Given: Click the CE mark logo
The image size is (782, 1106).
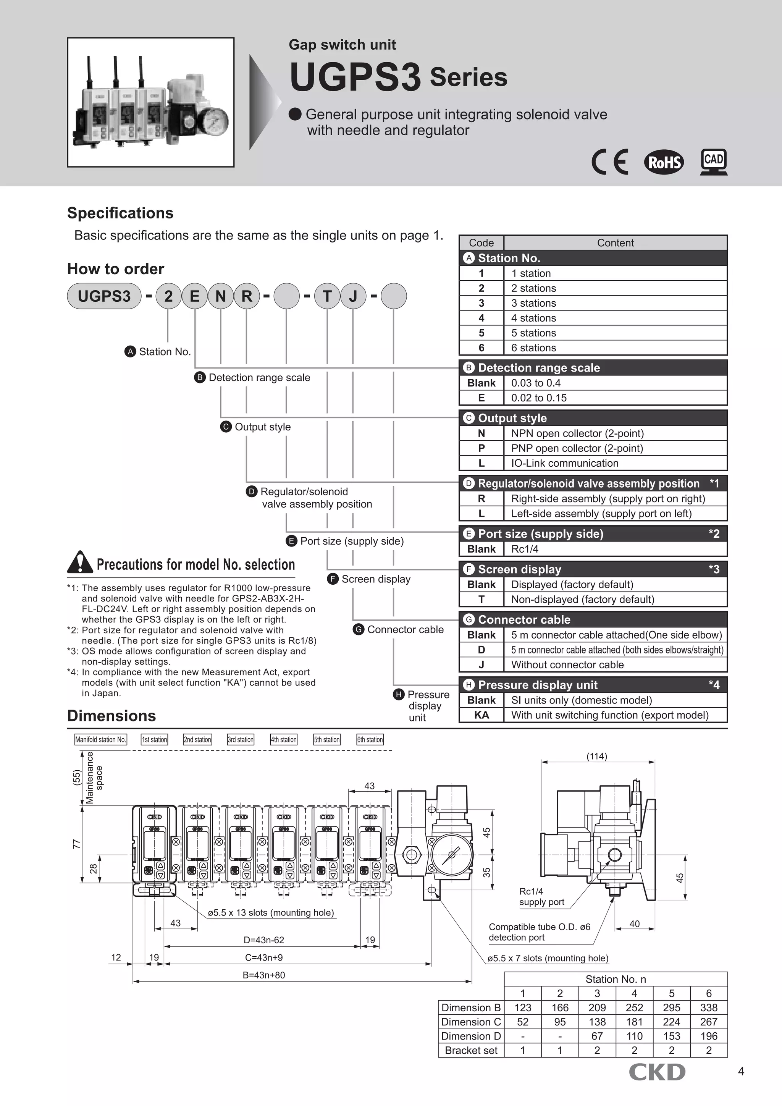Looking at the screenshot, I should click(x=610, y=162).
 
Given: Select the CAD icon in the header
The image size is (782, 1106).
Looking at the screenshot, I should click(x=714, y=162).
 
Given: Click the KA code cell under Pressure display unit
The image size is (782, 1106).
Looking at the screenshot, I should click(x=481, y=715).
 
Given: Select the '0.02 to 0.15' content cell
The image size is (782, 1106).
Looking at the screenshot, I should click(x=539, y=398).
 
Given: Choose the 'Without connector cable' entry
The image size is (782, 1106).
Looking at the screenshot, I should click(x=567, y=665).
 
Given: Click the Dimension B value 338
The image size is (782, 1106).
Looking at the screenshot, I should click(x=708, y=1008).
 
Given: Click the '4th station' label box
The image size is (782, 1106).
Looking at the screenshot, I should click(x=284, y=739).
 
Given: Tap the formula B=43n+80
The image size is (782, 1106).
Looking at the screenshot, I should click(x=263, y=975).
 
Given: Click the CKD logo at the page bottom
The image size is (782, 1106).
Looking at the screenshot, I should click(x=656, y=1072).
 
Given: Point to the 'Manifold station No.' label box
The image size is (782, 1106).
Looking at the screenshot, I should click(x=101, y=739).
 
